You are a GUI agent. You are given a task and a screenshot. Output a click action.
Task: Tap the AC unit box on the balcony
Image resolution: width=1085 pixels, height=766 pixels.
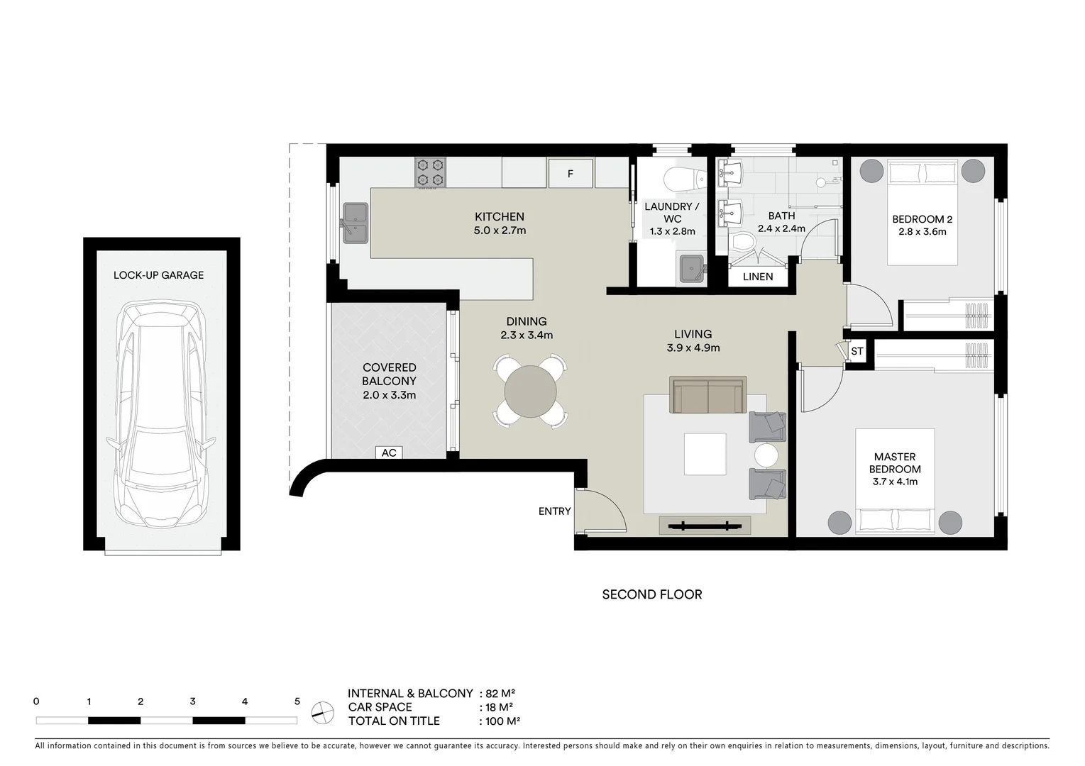pyautogui.click(x=389, y=453)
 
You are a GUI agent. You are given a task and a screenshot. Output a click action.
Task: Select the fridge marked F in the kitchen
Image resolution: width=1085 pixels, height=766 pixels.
pyautogui.click(x=571, y=173)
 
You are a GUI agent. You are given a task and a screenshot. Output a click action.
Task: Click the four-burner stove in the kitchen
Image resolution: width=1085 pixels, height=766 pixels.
pyautogui.click(x=430, y=172)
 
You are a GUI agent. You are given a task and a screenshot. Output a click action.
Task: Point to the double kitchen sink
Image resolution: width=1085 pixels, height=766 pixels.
pyautogui.click(x=355, y=223)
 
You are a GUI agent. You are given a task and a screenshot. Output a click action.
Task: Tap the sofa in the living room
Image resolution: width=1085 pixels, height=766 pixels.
pyautogui.click(x=708, y=394)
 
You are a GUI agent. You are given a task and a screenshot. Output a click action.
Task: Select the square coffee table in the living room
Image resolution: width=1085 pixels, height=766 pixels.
pyautogui.click(x=705, y=454)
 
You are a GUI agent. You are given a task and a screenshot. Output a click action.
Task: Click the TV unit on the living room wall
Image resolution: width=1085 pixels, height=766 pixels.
pyautogui.click(x=705, y=526)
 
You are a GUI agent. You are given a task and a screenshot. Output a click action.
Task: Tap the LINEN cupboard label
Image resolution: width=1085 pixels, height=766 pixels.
pyautogui.click(x=758, y=277)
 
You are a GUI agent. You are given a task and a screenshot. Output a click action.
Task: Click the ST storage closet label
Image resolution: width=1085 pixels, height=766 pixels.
pyautogui.click(x=857, y=351)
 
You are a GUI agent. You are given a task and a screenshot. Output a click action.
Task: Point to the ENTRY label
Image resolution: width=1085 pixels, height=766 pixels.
pyautogui.click(x=554, y=511)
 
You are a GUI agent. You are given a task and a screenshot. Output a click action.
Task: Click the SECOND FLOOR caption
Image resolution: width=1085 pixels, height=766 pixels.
pyautogui.click(x=651, y=594)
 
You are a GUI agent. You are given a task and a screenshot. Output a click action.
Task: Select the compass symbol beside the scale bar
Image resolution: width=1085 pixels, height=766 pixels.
pyautogui.click(x=323, y=711)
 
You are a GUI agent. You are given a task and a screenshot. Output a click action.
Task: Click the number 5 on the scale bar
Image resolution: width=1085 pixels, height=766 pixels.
pyautogui.click(x=297, y=701)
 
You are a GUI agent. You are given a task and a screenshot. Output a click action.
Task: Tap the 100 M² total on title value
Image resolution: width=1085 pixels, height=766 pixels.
pyautogui.click(x=503, y=721)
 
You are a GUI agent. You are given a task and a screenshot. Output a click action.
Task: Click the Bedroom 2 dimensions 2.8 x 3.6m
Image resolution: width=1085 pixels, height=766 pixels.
pyautogui.click(x=922, y=231)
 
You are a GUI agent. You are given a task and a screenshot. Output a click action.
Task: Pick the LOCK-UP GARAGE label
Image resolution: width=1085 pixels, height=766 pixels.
pyautogui.click(x=158, y=275)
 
